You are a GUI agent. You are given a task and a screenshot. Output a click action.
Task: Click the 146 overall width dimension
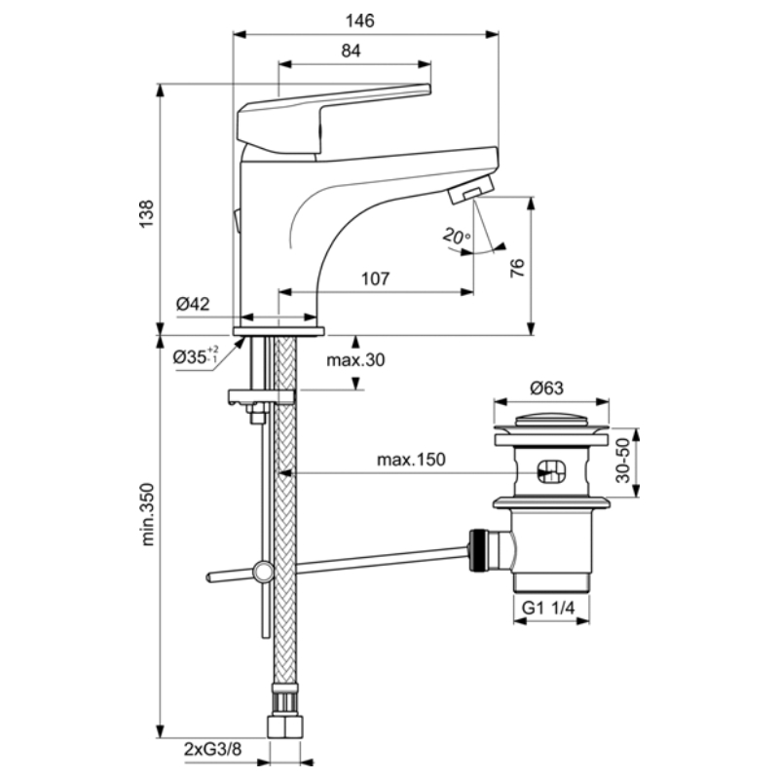pos(360,20)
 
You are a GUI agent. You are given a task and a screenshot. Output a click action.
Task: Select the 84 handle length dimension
pos(352,51)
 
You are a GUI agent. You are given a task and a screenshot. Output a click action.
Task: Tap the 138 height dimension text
pos(147,213)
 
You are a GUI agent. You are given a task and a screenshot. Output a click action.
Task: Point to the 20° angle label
pos(457,236)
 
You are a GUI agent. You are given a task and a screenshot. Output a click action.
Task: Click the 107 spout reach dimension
pos(375,278)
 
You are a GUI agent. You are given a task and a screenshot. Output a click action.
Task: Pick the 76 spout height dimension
pos(517,268)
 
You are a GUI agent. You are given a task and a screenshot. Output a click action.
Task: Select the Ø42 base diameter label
pos(193,304)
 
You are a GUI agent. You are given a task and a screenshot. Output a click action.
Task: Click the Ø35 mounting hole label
pos(196,355)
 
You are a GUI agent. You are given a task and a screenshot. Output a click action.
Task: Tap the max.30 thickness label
pos(355,359)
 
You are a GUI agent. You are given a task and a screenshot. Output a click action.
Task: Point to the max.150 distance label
pos(411,460)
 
